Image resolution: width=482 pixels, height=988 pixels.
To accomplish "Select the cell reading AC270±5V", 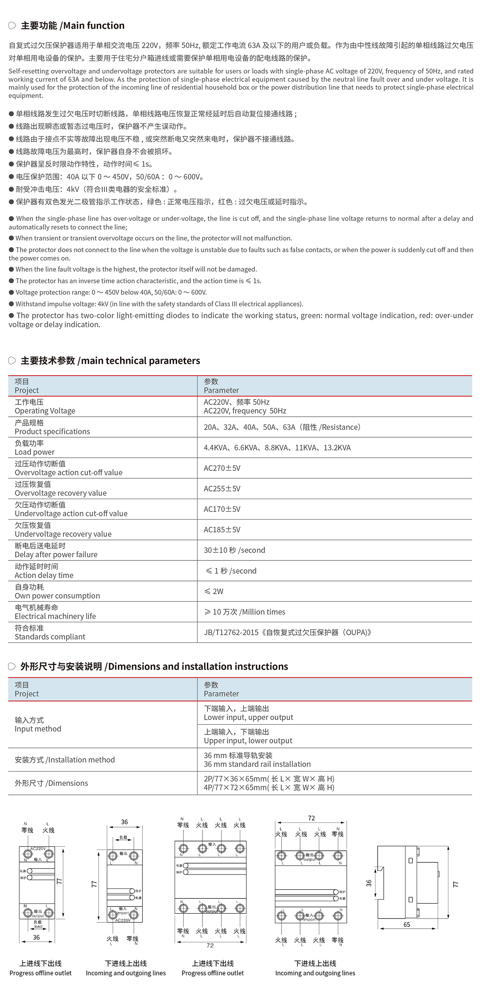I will tap(222, 468).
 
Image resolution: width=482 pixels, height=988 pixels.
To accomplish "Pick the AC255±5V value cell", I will tap(222, 489).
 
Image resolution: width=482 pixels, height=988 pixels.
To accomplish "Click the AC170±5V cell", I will tap(222, 509).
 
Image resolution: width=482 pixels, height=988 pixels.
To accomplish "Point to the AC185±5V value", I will tap(222, 530).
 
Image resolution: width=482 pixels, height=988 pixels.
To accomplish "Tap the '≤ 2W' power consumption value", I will tap(214, 591).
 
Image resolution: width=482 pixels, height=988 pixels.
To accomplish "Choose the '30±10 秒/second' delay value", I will tap(234, 550).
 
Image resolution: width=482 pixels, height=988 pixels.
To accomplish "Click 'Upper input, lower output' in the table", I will tap(248, 741).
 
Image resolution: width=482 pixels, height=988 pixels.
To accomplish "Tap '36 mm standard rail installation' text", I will tap(257, 764).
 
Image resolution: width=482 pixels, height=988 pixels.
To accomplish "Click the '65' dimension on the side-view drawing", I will tap(407, 925).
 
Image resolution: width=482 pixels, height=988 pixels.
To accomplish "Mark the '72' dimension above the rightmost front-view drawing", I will tap(311, 818).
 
